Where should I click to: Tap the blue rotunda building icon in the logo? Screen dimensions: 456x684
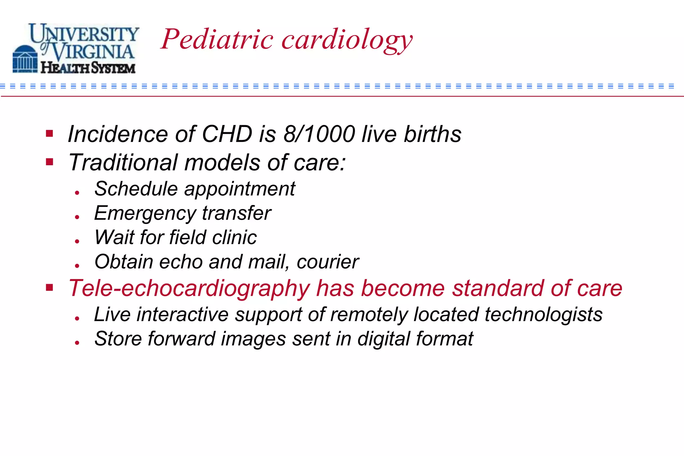25,59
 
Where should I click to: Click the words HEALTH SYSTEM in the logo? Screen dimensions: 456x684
88,68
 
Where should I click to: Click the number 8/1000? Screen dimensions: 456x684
319,134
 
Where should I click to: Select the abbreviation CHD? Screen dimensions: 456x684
227,134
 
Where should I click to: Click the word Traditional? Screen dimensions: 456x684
123,163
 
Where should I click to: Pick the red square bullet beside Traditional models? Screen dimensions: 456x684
50,162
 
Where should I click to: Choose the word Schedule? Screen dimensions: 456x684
136,189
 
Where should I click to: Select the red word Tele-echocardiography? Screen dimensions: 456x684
189,288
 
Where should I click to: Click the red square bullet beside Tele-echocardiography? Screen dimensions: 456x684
50,287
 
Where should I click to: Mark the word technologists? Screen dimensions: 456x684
543,315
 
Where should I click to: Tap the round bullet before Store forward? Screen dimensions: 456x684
77,343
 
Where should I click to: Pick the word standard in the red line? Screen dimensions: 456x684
498,288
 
